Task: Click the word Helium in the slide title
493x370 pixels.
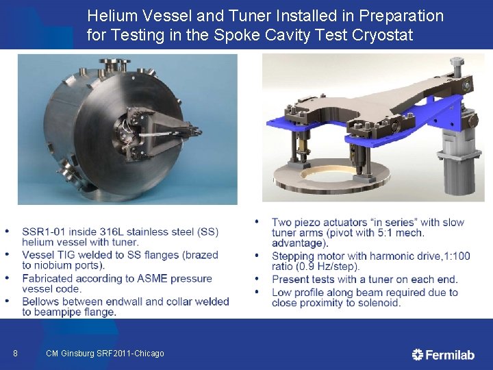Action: click(x=112, y=16)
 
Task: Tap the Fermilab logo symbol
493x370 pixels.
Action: click(x=417, y=355)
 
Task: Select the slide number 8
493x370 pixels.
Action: click(x=15, y=354)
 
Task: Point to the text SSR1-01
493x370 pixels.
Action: click(x=44, y=232)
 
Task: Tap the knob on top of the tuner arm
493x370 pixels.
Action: click(x=457, y=65)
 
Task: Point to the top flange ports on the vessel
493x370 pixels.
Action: click(x=114, y=64)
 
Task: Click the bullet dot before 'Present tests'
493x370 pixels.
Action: click(x=257, y=279)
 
